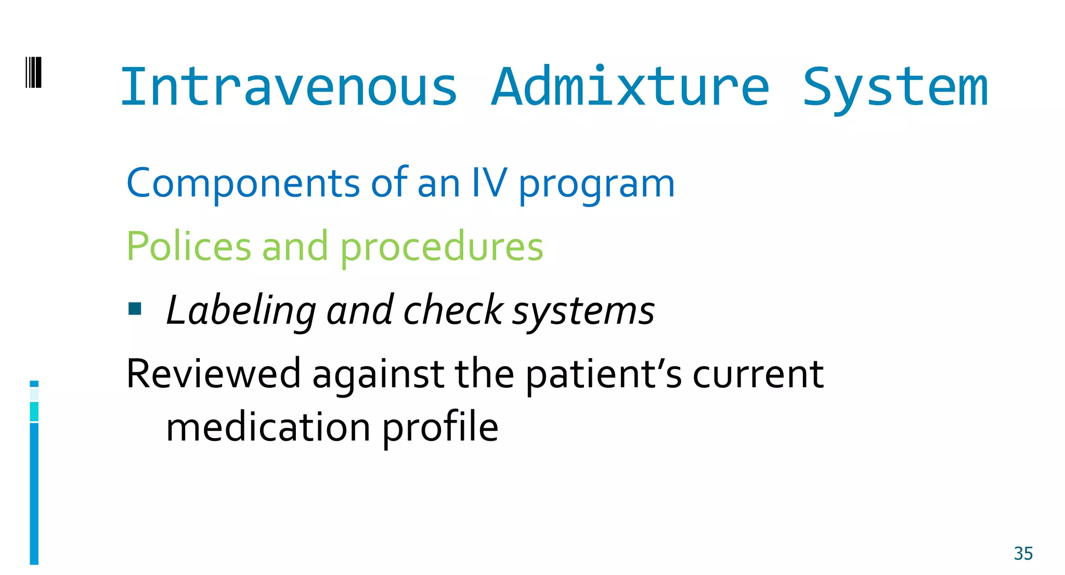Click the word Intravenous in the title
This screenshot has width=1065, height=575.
pyautogui.click(x=289, y=87)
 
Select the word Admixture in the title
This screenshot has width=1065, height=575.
pyautogui.click(x=630, y=87)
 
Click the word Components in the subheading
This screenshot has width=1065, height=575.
pyautogui.click(x=243, y=183)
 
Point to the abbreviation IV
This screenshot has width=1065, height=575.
pyautogui.click(x=489, y=183)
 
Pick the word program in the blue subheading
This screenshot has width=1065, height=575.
pyautogui.click(x=596, y=185)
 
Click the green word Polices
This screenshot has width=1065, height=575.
pyautogui.click(x=189, y=246)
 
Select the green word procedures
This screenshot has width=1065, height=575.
pyautogui.click(x=441, y=247)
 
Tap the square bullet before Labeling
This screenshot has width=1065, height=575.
pyautogui.click(x=135, y=309)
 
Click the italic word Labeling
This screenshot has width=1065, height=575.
pyautogui.click(x=241, y=311)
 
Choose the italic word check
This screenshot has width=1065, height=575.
pyautogui.click(x=453, y=310)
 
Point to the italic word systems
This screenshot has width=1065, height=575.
pyautogui.click(x=583, y=312)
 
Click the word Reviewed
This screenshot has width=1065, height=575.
pyautogui.click(x=214, y=373)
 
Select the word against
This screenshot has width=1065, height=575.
pyautogui.click(x=378, y=375)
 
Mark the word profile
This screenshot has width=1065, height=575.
pyautogui.click(x=440, y=428)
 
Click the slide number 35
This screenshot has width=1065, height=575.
pyautogui.click(x=1023, y=554)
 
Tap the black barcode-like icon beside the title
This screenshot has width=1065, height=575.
pyautogui.click(x=33, y=73)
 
